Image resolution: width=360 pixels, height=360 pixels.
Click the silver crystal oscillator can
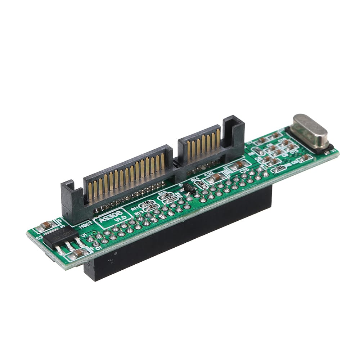pos(310,132)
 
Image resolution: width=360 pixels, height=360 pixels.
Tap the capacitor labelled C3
pos(46,226)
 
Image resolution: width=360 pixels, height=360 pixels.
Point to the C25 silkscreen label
pos(245,170)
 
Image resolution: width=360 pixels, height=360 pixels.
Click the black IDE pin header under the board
pos(180,234)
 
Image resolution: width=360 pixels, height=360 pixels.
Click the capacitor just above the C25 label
pos(240,164)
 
